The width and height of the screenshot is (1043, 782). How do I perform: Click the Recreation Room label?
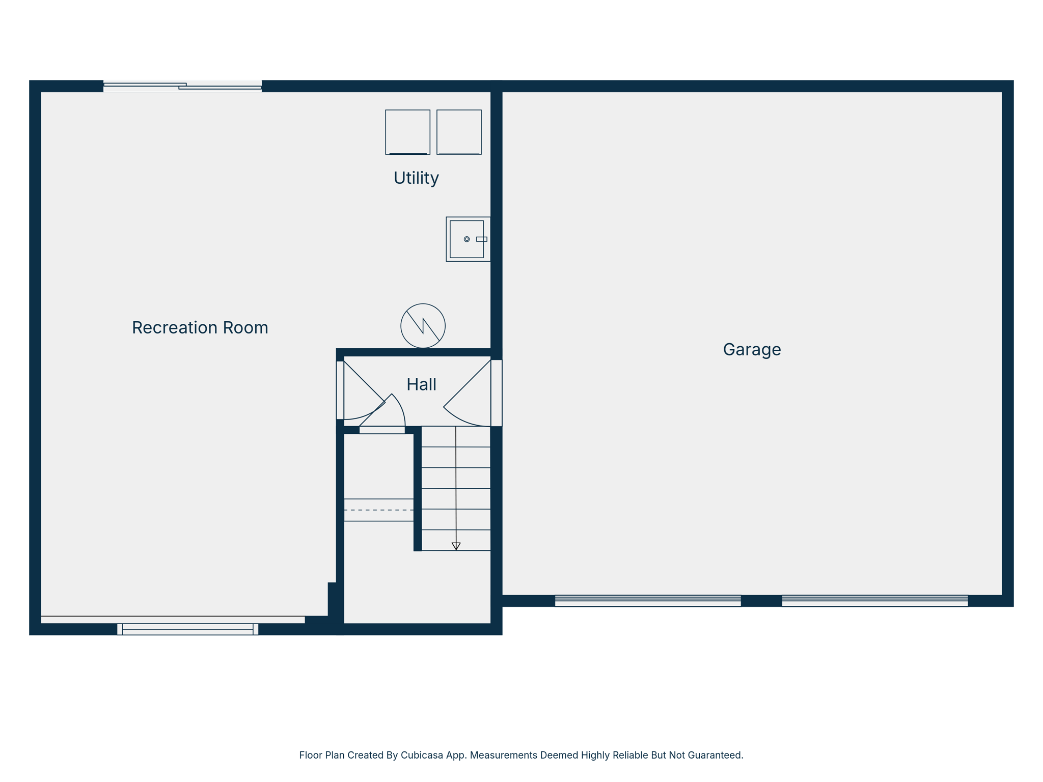pyautogui.click(x=200, y=327)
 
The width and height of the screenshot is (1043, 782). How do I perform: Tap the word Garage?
pyautogui.click(x=752, y=349)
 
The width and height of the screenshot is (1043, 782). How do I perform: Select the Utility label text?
pyautogui.click(x=416, y=178)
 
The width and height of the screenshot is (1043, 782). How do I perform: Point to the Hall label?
pyautogui.click(x=421, y=384)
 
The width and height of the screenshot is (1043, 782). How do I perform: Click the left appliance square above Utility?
pyautogui.click(x=407, y=132)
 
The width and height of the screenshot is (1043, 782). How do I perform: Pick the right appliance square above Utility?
pyautogui.click(x=459, y=132)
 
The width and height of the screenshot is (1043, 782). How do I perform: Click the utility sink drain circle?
pyautogui.click(x=466, y=239)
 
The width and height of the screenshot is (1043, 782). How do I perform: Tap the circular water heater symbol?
pyautogui.click(x=423, y=326)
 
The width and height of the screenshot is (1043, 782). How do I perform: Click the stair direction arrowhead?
pyautogui.click(x=456, y=546)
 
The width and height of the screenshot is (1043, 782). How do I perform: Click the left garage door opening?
pyautogui.click(x=648, y=601)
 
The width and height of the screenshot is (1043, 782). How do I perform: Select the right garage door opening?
pyautogui.click(x=874, y=601)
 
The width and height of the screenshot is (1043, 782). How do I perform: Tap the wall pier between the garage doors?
pyautogui.click(x=761, y=601)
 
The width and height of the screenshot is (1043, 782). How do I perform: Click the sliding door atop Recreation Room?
pyautogui.click(x=182, y=86)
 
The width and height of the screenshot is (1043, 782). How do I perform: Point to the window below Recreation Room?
pyautogui.click(x=187, y=629)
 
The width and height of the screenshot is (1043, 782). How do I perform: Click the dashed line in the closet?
pyautogui.click(x=379, y=510)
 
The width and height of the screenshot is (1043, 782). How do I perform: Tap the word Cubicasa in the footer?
pyautogui.click(x=420, y=755)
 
